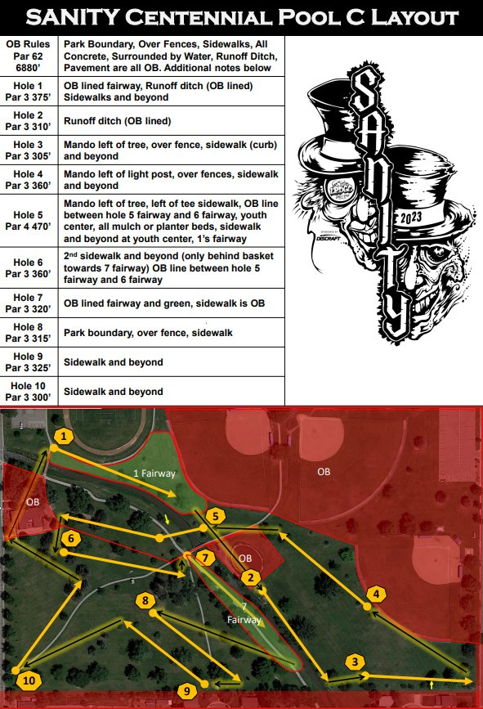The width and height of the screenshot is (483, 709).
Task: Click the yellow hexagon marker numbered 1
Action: [x=64, y=437]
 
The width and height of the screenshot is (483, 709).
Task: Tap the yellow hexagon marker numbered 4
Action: [x=377, y=595]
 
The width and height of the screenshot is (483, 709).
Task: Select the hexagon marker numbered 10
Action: [x=29, y=680]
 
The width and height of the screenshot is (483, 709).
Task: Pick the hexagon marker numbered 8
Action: [x=145, y=600]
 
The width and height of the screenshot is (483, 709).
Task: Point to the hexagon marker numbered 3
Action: [x=355, y=662]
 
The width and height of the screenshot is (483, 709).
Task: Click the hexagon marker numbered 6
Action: [x=71, y=539]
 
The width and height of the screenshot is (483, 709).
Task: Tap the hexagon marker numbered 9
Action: [x=187, y=691]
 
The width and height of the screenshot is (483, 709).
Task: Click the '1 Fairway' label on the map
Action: [x=154, y=473]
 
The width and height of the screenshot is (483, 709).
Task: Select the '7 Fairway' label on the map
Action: [x=244, y=613]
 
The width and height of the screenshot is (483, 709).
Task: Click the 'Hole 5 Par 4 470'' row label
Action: [x=28, y=221]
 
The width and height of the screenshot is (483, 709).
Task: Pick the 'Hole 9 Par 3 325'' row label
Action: [x=28, y=362]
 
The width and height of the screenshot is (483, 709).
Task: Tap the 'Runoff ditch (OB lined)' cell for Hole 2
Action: [x=118, y=121]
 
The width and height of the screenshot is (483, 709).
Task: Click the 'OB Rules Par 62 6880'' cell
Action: [x=28, y=56]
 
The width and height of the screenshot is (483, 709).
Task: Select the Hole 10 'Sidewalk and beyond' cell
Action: [x=114, y=392]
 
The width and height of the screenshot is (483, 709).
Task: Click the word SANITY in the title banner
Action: [x=72, y=18]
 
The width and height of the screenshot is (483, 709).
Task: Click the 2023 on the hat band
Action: [x=411, y=218]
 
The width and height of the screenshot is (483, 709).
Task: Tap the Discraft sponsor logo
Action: [x=329, y=237]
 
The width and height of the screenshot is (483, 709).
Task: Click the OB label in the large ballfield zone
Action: [x=324, y=472]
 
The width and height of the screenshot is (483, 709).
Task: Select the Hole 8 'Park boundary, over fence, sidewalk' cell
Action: [x=148, y=333]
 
